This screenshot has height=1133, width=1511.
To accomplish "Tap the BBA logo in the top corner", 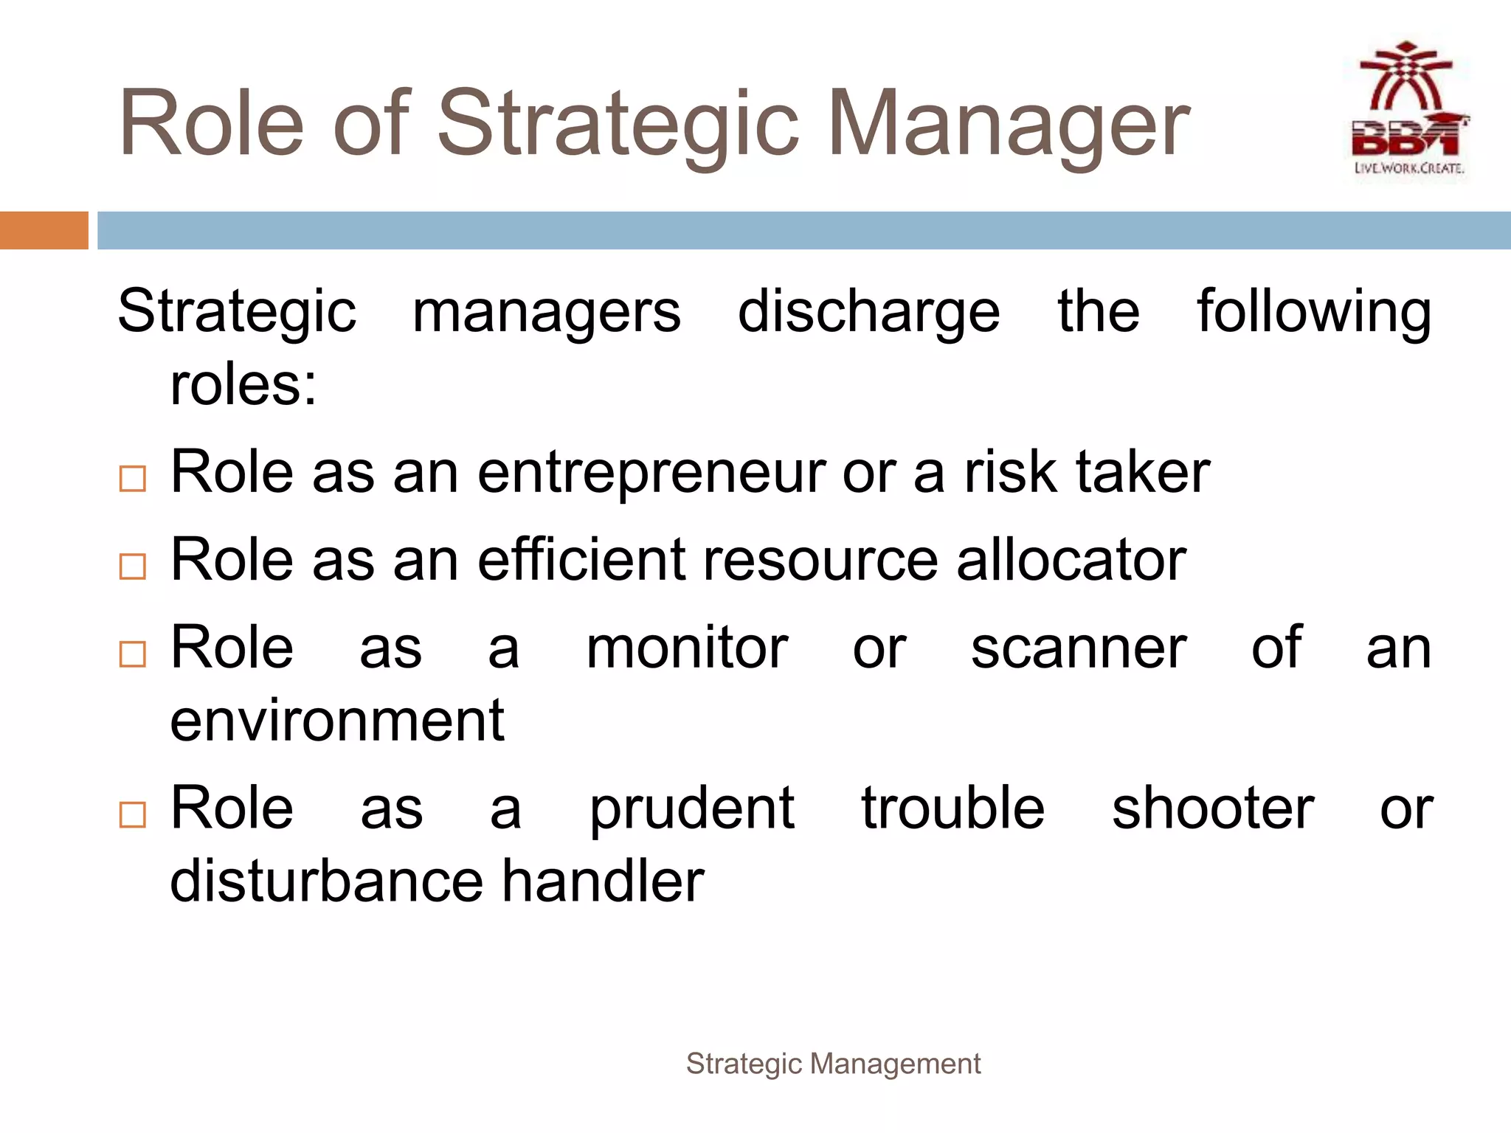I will pyautogui.click(x=1408, y=111).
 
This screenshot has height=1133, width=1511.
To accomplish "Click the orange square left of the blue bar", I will pyautogui.click(x=44, y=230).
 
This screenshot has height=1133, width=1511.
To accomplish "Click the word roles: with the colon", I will pyautogui.click(x=243, y=385).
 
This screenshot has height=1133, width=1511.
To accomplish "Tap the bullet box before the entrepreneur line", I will pyautogui.click(x=133, y=479).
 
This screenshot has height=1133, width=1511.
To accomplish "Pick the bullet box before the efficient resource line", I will pyautogui.click(x=133, y=566).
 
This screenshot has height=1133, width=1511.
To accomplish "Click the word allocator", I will pyautogui.click(x=1071, y=560).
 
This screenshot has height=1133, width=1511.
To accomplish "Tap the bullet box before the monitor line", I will pyautogui.click(x=133, y=654).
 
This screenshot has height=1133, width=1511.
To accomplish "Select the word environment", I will pyautogui.click(x=337, y=721).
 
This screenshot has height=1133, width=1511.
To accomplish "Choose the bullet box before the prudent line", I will pyautogui.click(x=133, y=814).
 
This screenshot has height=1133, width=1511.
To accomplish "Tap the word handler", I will pyautogui.click(x=603, y=881).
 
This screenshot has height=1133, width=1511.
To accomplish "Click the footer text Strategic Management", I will pyautogui.click(x=833, y=1064).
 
